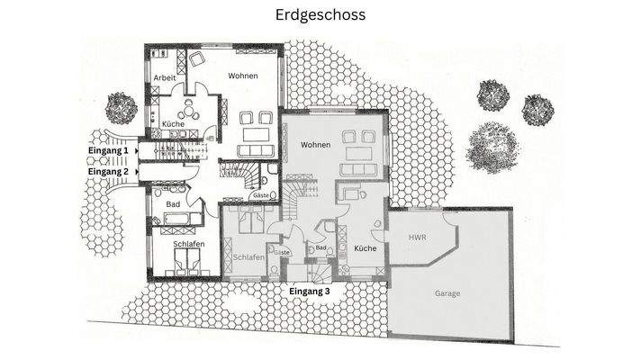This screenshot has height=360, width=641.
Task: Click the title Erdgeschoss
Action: point(320,15)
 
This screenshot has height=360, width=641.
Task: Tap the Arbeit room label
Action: point(165,77)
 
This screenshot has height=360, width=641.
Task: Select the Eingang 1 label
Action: point(108,151)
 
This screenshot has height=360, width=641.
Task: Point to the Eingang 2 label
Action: point(108,169)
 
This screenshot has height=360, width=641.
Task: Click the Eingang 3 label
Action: point(309,292)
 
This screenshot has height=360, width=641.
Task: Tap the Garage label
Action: point(447,293)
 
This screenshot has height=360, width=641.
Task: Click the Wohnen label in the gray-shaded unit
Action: point(316,145)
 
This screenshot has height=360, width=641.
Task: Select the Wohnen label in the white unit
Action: point(243,76)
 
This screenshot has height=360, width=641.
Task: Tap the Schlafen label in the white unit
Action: point(188,244)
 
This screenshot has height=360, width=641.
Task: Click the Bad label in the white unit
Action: point(172,204)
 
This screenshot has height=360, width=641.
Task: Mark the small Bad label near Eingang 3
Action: point(320,247)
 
